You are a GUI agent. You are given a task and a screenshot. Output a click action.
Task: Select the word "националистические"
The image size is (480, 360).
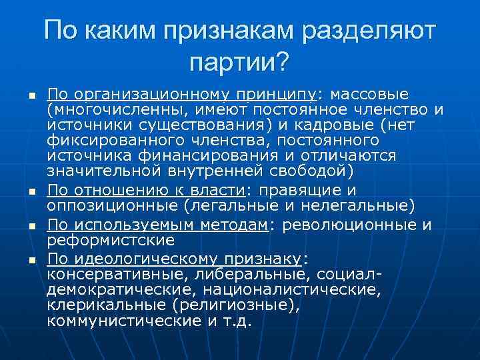[x=303, y=289]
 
